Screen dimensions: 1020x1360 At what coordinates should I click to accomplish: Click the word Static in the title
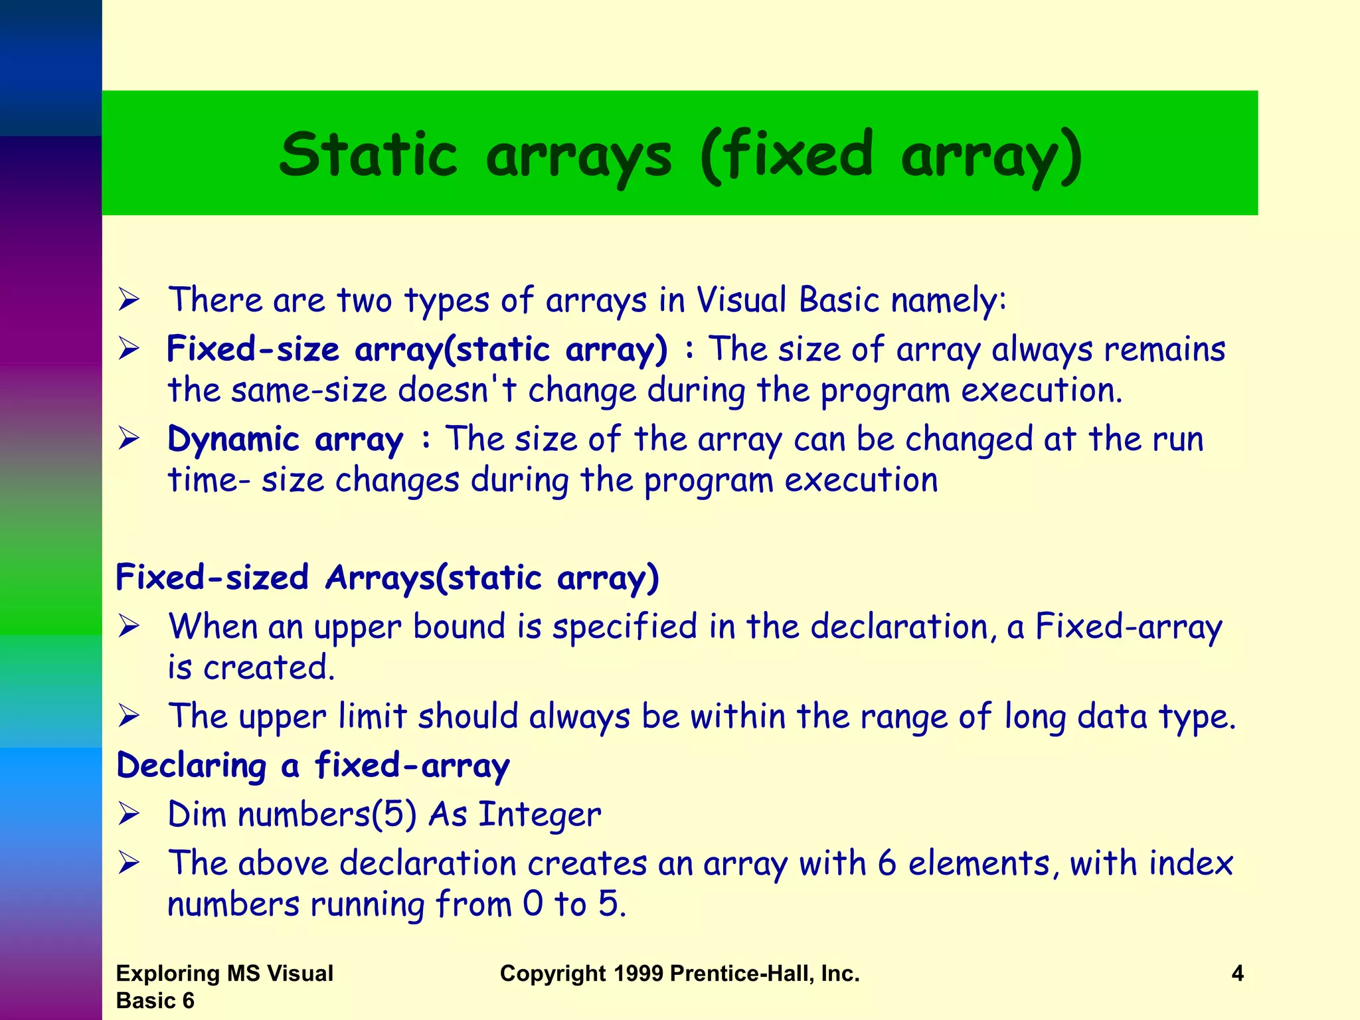(x=369, y=155)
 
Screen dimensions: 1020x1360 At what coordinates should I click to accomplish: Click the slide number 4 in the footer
(x=1237, y=974)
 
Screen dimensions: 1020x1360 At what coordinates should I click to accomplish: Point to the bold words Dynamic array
(x=285, y=440)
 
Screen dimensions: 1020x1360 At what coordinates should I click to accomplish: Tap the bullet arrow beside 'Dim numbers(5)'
(x=129, y=814)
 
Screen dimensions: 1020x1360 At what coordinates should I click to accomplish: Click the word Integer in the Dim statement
(x=539, y=814)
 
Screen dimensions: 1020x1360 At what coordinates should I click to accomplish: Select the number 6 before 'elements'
(x=887, y=863)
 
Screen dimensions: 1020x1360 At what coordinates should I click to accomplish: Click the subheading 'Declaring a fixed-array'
(x=313, y=766)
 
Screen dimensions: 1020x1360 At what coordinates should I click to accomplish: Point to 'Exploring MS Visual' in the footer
(x=224, y=974)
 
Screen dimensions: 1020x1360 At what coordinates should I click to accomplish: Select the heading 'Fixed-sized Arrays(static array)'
(x=387, y=577)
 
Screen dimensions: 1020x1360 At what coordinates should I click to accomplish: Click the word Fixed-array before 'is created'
(x=1128, y=627)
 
